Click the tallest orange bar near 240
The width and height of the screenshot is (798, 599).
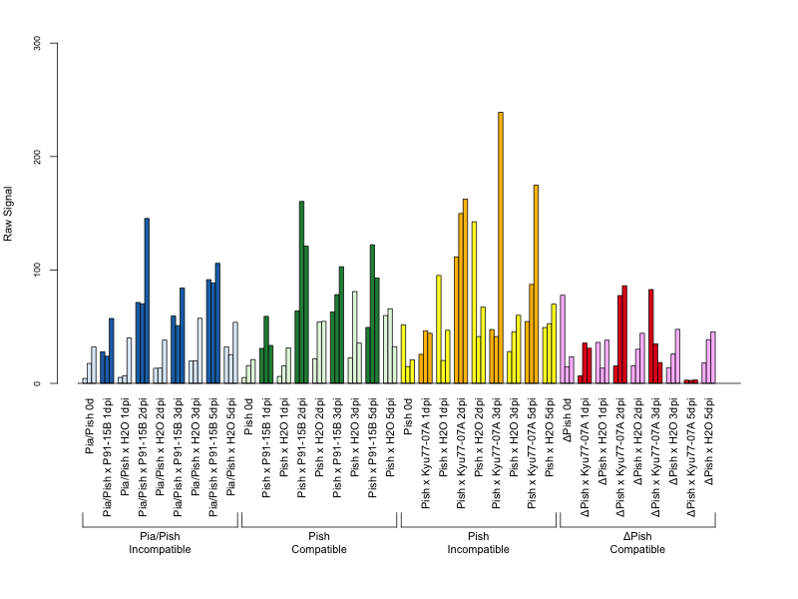click(x=501, y=248)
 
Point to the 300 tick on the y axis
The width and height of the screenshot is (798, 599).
click(x=54, y=43)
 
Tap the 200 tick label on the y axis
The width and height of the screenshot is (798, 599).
click(x=37, y=157)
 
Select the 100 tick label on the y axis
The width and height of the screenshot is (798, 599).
click(x=37, y=270)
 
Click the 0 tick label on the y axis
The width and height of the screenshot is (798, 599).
click(x=37, y=383)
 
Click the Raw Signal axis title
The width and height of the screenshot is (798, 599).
click(x=8, y=214)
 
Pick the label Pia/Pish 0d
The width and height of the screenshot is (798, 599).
click(x=90, y=426)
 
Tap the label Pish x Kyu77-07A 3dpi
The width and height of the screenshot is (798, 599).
click(x=496, y=453)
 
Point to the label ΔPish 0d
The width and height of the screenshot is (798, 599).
click(x=568, y=419)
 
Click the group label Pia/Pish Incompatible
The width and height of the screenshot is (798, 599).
click(x=160, y=543)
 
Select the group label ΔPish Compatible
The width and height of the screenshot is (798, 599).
click(x=637, y=543)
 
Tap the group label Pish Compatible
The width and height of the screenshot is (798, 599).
click(x=319, y=543)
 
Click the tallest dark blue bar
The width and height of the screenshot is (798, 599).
click(x=147, y=300)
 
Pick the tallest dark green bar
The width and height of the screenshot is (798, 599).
click(x=302, y=293)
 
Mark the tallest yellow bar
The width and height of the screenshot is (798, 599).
click(x=475, y=302)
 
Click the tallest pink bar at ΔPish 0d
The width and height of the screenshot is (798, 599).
click(x=563, y=339)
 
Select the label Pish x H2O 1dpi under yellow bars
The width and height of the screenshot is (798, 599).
click(x=443, y=437)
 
